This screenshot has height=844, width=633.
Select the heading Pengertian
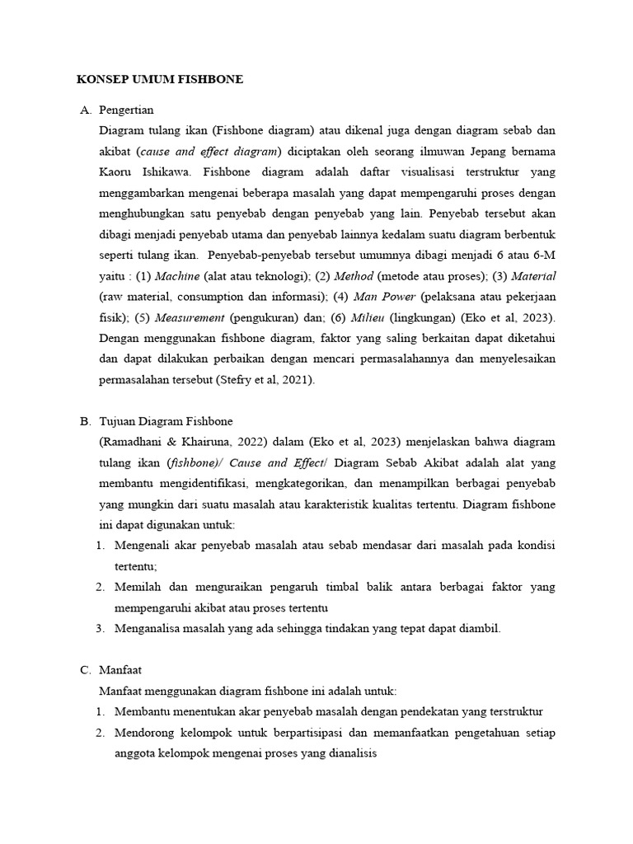point(126,110)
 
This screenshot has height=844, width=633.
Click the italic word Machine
point(177,275)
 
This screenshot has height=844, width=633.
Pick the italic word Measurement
point(190,317)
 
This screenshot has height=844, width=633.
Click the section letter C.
point(84,670)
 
